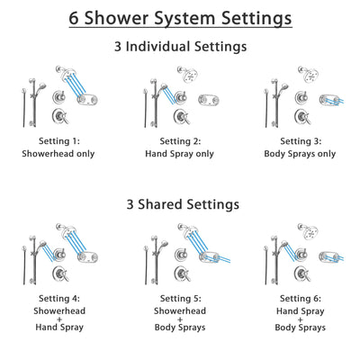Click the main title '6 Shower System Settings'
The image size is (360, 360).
point(180,17)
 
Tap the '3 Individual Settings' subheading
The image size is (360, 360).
point(180,46)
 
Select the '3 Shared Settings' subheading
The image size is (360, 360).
point(180,204)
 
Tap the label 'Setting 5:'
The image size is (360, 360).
point(180,300)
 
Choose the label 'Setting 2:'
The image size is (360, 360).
point(180,140)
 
